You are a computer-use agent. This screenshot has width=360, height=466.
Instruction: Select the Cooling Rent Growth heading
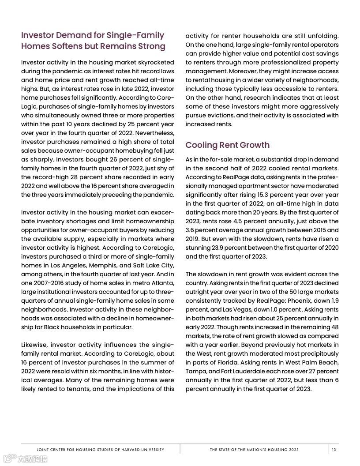(x=227, y=145)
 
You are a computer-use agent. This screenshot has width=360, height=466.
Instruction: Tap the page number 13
(x=334, y=450)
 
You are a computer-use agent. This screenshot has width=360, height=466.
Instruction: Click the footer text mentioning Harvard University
(x=100, y=450)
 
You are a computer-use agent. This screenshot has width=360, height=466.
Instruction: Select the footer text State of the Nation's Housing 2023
(x=254, y=450)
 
